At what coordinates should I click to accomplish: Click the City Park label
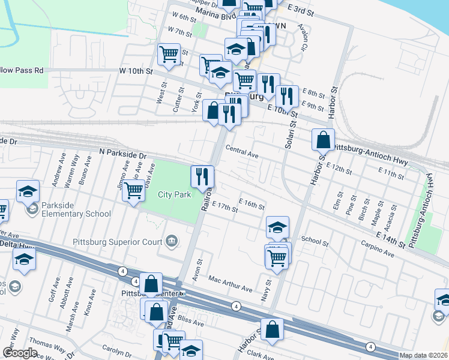pyautogui.click(x=174, y=195)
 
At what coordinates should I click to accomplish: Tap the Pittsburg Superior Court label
pyautogui.click(x=118, y=242)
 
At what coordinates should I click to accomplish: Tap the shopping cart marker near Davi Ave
pyautogui.click(x=133, y=191)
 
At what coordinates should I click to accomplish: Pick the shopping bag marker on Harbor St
pyautogui.click(x=323, y=140)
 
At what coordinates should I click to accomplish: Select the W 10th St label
pyautogui.click(x=136, y=71)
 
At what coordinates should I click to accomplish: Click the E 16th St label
pyautogui.click(x=252, y=204)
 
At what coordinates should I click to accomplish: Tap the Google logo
pyautogui.click(x=20, y=352)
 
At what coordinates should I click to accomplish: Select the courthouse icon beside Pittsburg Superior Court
pyautogui.click(x=172, y=242)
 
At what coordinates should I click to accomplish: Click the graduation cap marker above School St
pyautogui.click(x=277, y=227)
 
